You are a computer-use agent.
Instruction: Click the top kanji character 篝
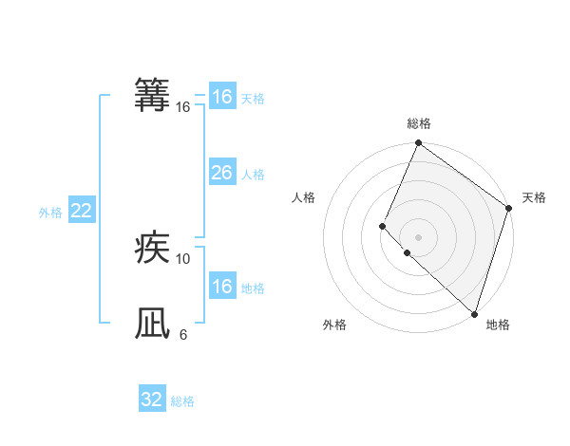153,96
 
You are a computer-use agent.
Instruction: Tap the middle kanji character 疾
153,249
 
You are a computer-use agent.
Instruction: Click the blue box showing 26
221,173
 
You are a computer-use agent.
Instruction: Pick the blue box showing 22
81,211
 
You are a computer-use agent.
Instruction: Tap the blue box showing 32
152,400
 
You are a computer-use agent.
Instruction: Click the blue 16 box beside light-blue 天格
221,97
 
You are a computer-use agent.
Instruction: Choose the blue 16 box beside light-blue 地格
221,287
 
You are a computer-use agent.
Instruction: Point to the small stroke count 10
183,258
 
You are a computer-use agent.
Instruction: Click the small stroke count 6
183,334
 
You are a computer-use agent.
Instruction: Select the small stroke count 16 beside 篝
183,107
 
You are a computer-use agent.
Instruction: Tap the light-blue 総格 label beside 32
182,401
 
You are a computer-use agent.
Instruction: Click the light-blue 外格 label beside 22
50,213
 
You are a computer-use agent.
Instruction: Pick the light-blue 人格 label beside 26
253,175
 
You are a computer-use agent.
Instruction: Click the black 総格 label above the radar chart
419,123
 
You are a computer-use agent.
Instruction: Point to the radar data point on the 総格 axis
418,144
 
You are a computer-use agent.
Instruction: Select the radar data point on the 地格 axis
474,314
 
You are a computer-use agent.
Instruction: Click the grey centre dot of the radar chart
418,237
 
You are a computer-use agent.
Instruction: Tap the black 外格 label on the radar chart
334,325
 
